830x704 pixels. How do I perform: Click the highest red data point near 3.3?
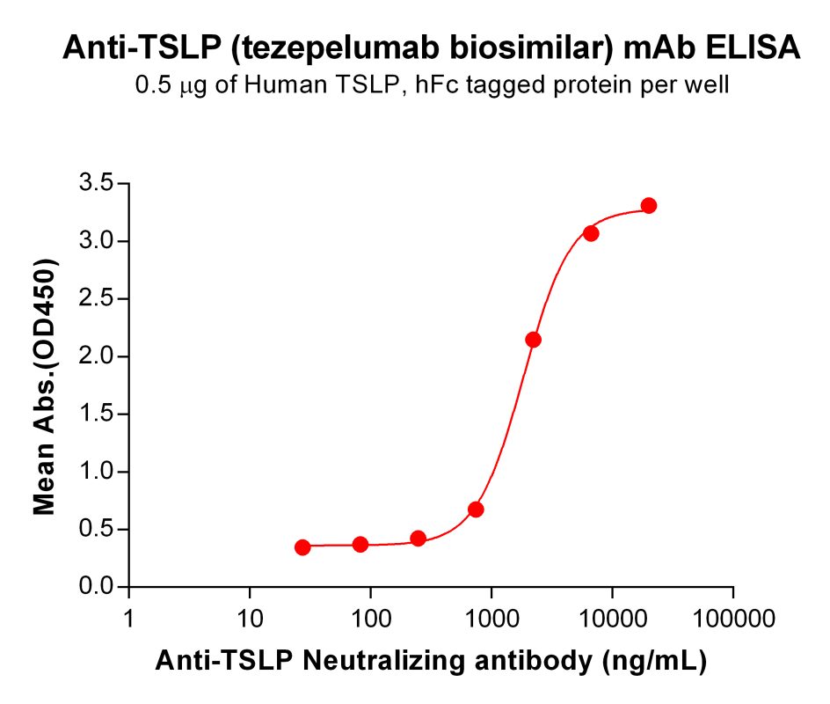[x=649, y=206]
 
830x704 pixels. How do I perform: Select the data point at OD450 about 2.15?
[x=533, y=340]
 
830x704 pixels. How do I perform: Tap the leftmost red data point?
[x=302, y=547]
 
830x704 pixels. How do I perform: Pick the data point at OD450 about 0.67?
[x=476, y=510]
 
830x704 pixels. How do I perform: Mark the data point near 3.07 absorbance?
[x=591, y=233]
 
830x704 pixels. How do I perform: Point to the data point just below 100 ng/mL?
[x=360, y=545]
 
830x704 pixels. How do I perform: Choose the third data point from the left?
[x=419, y=539]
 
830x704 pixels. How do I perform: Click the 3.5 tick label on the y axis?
[x=98, y=184]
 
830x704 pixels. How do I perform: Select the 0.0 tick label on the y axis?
[x=98, y=587]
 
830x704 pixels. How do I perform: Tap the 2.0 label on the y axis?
[x=98, y=356]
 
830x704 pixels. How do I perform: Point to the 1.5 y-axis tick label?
[x=98, y=414]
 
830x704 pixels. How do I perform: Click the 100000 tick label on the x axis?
[x=733, y=620]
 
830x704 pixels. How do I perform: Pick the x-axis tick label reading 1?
[x=130, y=620]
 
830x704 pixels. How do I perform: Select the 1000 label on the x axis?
[x=491, y=620]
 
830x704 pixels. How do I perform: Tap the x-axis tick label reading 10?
[x=250, y=620]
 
